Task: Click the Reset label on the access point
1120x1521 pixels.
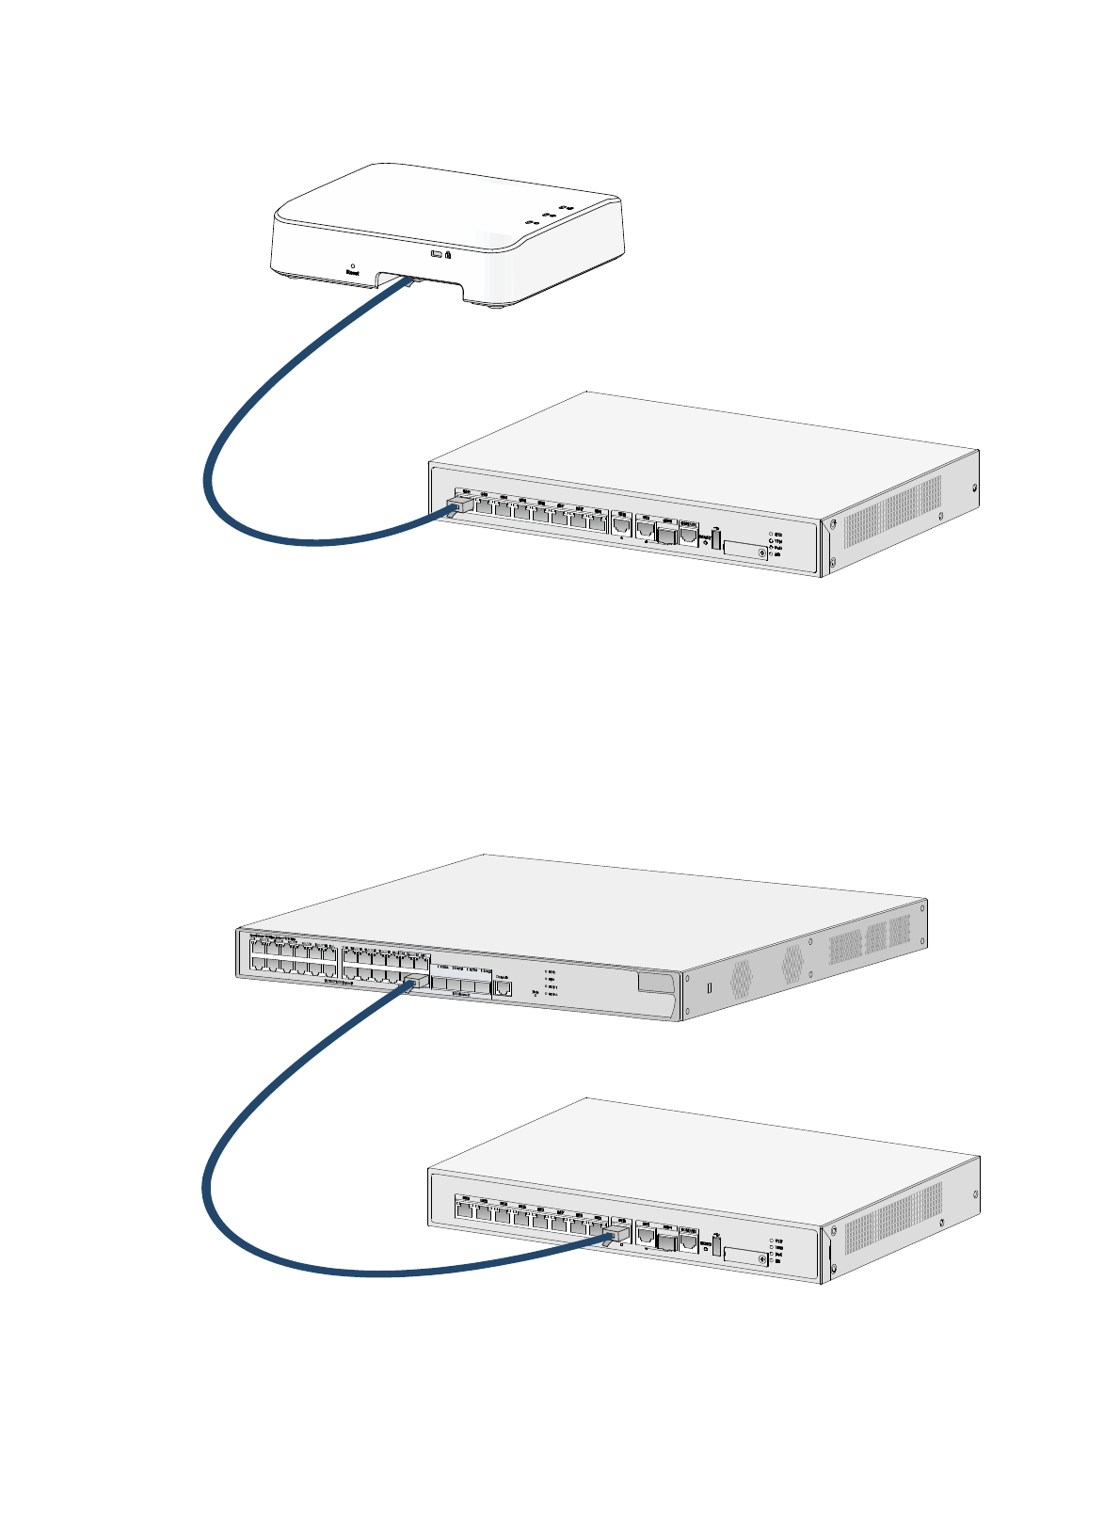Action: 352,274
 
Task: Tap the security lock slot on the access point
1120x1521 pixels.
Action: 448,254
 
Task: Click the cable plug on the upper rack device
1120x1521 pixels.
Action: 456,508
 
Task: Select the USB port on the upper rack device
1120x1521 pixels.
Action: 715,539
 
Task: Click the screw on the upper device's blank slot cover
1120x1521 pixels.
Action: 760,552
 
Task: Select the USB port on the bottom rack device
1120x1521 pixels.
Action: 715,1246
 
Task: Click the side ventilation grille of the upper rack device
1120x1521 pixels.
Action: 891,513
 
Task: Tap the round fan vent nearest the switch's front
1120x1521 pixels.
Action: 740,979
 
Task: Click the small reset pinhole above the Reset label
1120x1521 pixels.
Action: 352,265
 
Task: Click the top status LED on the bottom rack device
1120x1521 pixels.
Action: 771,1241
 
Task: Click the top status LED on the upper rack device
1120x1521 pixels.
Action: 771,534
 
